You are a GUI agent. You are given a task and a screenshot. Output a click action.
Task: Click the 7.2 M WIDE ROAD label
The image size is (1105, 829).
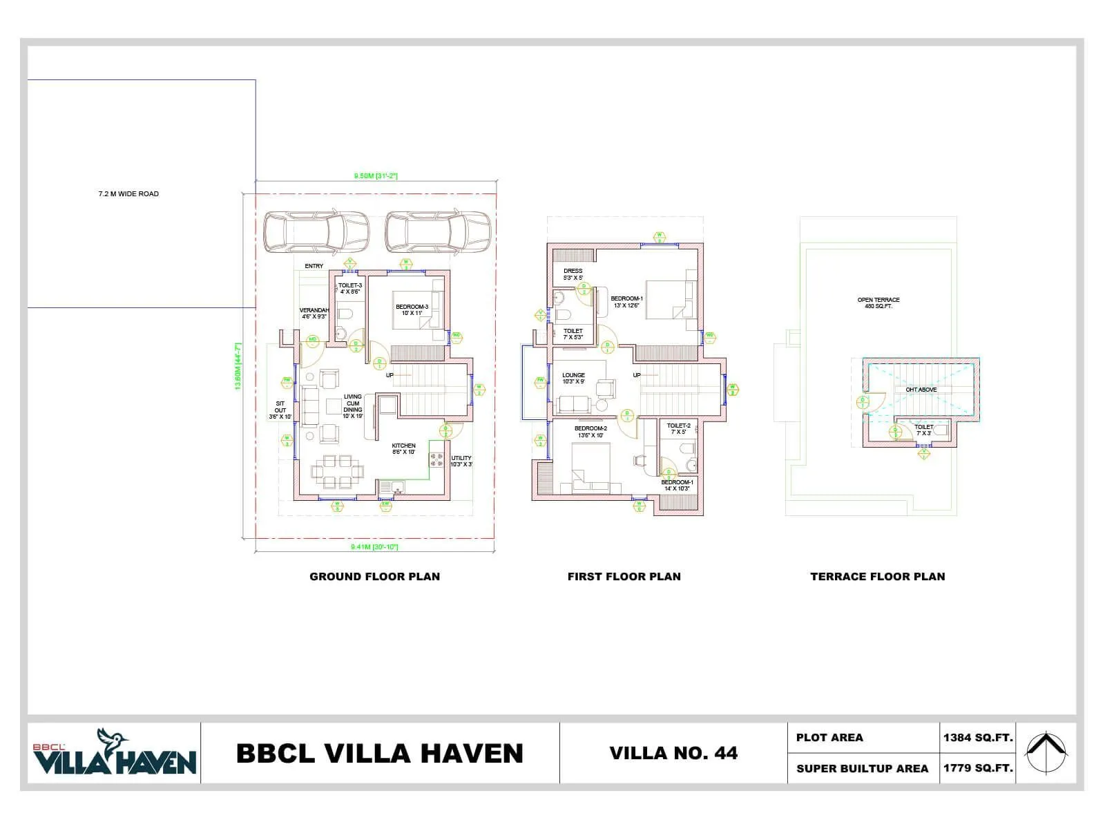(128, 194)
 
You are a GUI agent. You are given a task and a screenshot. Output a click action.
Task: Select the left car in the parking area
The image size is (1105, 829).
(316, 232)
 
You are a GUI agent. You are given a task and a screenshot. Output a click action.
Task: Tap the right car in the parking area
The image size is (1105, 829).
(438, 232)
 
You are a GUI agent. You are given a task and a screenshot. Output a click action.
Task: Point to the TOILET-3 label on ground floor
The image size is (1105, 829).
(350, 289)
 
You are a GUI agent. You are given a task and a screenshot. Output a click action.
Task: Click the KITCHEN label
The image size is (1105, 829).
(404, 449)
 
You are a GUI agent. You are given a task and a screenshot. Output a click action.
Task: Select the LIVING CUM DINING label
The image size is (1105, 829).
(353, 407)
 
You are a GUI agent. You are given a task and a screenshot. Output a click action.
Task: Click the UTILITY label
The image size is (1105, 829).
(461, 461)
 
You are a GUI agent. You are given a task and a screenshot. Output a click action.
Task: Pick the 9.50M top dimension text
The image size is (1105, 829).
(376, 176)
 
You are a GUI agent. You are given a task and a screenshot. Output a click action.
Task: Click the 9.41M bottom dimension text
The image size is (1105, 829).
(374, 547)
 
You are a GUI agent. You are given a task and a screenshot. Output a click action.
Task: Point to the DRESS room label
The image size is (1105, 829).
(573, 274)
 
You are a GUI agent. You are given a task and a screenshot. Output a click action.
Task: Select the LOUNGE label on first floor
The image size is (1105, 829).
(573, 379)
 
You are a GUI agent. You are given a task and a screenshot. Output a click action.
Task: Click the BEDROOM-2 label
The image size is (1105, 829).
(590, 432)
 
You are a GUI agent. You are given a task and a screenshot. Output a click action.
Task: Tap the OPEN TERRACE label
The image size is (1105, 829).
(878, 303)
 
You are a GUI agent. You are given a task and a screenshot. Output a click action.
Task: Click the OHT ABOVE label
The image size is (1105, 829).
(921, 390)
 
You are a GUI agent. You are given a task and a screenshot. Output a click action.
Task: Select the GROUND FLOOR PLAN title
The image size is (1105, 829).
(374, 576)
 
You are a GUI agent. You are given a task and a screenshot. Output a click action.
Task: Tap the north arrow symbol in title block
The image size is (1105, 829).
(1045, 752)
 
